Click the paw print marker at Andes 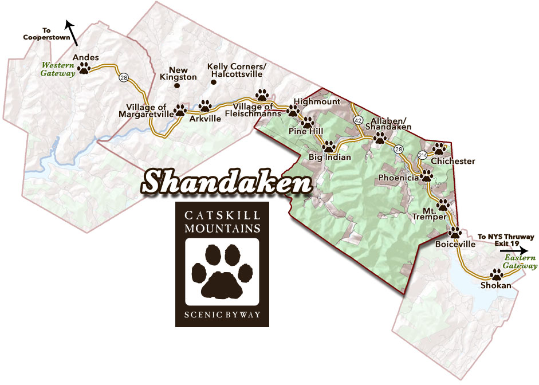coord(85,69)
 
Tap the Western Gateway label coord(57,69)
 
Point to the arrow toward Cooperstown coord(72,30)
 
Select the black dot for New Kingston coord(176,86)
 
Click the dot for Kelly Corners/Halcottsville coord(214,82)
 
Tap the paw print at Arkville coord(205,106)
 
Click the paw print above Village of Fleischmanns coord(262,95)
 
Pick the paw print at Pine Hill coord(308,122)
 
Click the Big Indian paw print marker coord(329,146)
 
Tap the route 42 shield coord(358,120)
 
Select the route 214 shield coord(422,155)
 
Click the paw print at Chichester coord(439,148)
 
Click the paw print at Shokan coord(496,275)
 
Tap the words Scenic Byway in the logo coord(222,315)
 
